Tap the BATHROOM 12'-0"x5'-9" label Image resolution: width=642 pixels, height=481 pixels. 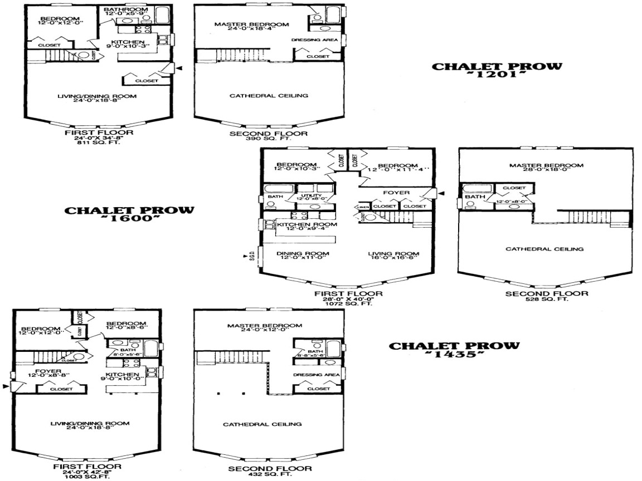126,11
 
